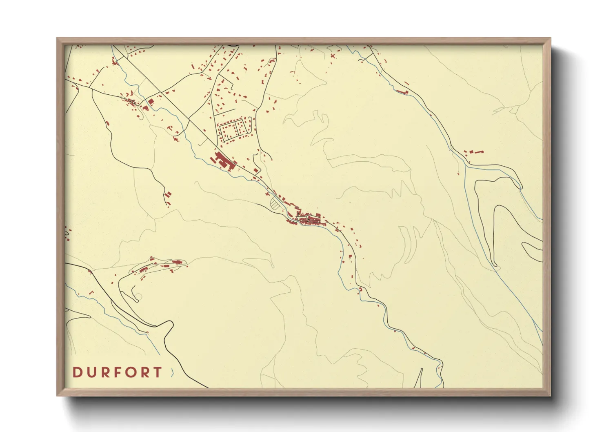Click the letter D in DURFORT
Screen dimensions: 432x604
(77, 372)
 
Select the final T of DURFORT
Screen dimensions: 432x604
(158, 372)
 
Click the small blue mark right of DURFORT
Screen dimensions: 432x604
(172, 372)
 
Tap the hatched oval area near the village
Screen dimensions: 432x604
(277, 203)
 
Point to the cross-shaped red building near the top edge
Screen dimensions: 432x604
(333, 56)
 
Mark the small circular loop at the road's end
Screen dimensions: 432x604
(138, 297)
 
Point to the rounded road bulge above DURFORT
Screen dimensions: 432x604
(167, 327)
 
